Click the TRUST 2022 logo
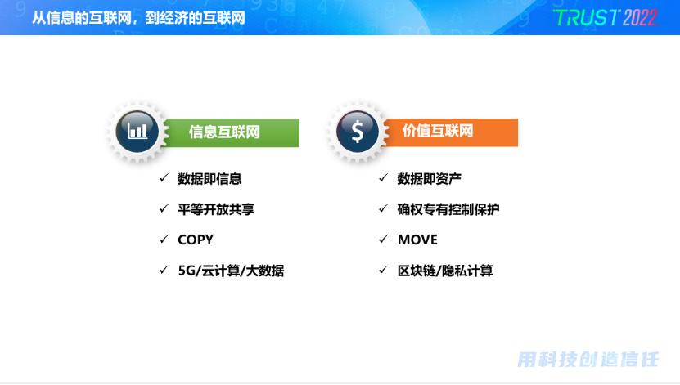[606, 18]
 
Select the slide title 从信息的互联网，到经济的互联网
[139, 18]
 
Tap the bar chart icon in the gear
[137, 130]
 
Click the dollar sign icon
[358, 132]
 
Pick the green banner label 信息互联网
[224, 132]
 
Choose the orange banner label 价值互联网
[438, 131]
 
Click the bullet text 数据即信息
[209, 178]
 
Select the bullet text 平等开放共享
[216, 209]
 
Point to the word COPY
[196, 240]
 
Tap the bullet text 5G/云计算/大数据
[231, 271]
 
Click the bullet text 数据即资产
[430, 178]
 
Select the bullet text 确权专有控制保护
[448, 209]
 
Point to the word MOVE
[417, 240]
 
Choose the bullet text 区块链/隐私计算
[445, 271]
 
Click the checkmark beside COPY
[164, 239]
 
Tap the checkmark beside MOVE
[383, 239]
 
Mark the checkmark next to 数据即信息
[164, 177]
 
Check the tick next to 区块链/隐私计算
[383, 270]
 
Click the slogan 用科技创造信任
[588, 360]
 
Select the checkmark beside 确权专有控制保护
[383, 208]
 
